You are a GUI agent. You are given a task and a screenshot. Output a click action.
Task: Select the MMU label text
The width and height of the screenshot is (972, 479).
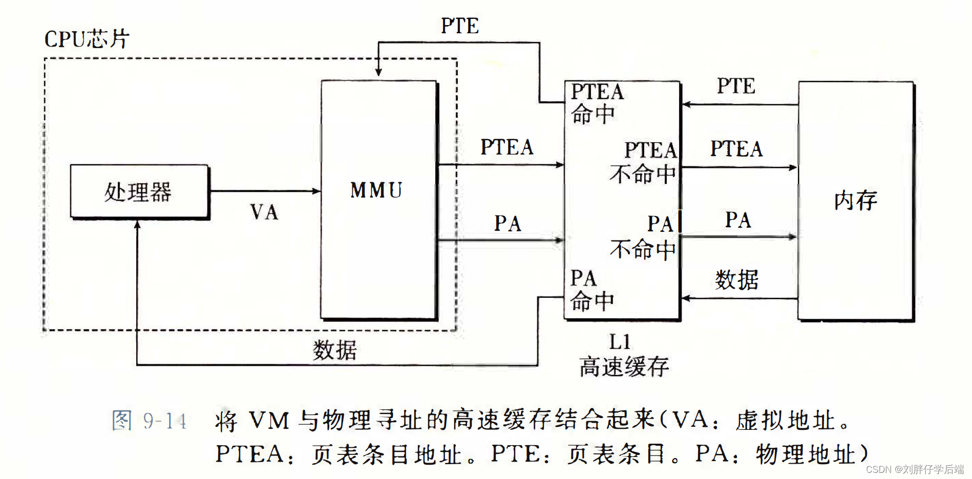point(376,190)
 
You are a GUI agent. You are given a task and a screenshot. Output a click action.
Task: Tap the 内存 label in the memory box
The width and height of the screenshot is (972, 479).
point(855,200)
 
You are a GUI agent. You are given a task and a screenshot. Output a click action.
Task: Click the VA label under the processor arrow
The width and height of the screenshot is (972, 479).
point(264,212)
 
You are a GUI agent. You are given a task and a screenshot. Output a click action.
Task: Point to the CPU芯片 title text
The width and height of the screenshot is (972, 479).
point(87,39)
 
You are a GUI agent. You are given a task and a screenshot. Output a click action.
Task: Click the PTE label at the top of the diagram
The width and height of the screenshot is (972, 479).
point(460,26)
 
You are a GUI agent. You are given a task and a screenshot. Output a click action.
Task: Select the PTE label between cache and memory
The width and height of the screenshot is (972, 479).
point(736,86)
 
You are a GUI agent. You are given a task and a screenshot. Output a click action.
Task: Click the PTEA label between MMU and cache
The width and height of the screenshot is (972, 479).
point(506,147)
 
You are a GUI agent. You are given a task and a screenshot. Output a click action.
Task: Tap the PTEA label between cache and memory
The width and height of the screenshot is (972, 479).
point(736,149)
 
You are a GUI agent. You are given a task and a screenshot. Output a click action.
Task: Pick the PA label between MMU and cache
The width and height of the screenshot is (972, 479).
point(508,224)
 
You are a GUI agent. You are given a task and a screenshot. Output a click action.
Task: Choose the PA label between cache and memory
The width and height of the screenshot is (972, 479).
point(738,220)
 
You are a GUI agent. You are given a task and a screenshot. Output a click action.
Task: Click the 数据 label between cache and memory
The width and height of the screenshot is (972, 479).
point(736,280)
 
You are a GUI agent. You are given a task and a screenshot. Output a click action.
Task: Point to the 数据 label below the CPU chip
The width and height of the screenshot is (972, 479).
point(335,351)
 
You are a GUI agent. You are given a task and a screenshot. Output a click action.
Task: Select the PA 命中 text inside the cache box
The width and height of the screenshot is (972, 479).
point(591,290)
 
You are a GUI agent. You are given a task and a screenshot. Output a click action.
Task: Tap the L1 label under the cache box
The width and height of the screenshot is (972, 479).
point(620,342)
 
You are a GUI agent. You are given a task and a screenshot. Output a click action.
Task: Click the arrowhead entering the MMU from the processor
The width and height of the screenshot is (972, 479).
point(316,191)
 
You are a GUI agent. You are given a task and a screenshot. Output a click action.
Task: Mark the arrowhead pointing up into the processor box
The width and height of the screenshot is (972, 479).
point(137,225)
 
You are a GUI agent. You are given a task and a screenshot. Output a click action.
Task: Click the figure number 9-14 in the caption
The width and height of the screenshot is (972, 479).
point(164,421)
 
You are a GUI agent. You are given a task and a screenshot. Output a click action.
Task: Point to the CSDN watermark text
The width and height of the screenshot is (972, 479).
point(915,469)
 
